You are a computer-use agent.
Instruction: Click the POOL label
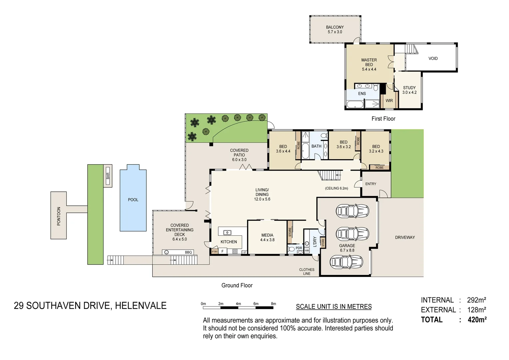[133, 200]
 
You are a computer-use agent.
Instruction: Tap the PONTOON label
[59, 216]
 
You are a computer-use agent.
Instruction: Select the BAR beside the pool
[108, 176]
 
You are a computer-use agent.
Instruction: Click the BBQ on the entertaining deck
[188, 252]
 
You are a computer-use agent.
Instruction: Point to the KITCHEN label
[229, 242]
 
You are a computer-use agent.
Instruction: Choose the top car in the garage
[352, 211]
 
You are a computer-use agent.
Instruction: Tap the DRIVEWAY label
[405, 237]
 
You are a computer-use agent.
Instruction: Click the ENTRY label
[370, 184]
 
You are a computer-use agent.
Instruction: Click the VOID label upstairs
[433, 58]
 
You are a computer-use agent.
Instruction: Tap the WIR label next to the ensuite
[389, 100]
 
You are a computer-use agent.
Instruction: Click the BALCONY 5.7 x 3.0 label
[334, 29]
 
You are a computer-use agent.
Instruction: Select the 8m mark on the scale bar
[273, 304]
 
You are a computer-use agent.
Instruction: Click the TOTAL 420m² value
[477, 320]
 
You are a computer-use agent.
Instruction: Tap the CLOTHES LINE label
[306, 272]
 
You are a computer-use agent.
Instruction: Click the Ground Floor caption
[237, 285]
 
